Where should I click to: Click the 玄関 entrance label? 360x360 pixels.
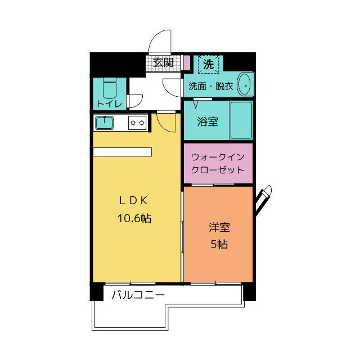[x=163, y=62]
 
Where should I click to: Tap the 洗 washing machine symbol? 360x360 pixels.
[x=208, y=64]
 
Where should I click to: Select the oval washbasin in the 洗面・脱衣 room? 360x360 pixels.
[x=245, y=84]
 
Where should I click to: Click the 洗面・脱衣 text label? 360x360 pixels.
[x=210, y=87]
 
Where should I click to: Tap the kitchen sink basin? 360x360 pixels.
[x=105, y=122]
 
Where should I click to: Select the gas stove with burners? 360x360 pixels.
[x=137, y=122]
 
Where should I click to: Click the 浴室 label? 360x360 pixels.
[x=208, y=121]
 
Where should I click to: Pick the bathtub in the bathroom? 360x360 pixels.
[x=241, y=120]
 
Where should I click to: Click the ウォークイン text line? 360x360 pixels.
[x=218, y=157]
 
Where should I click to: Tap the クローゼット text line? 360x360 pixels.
[x=218, y=170]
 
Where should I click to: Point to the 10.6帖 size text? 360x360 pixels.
[x=134, y=218]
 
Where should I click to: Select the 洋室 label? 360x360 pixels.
[x=219, y=228]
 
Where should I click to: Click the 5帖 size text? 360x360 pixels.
[x=219, y=245]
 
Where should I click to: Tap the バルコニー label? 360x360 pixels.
[x=138, y=295]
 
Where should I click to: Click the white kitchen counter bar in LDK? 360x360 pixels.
[x=123, y=151]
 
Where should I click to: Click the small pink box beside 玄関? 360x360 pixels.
[x=187, y=62]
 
